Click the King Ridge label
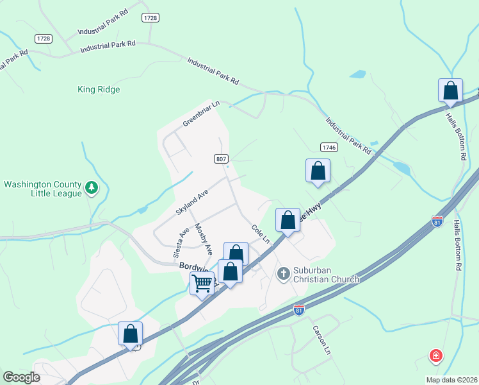(x=99, y=90)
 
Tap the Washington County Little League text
(x=42, y=189)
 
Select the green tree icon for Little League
(x=92, y=187)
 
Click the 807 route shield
(x=221, y=158)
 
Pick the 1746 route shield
(x=329, y=147)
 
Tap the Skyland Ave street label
(x=192, y=202)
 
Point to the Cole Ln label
(x=260, y=234)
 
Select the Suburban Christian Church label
(x=327, y=275)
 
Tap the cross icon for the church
(x=283, y=274)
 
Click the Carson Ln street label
(x=321, y=341)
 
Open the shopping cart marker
(x=202, y=283)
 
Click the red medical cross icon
(x=435, y=355)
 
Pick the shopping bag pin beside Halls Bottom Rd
(x=450, y=90)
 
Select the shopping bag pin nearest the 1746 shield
(x=318, y=171)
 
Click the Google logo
(x=22, y=377)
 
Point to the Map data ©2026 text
(x=451, y=380)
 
